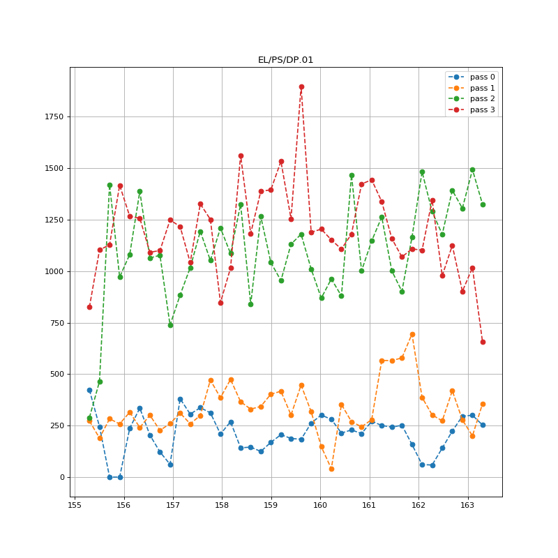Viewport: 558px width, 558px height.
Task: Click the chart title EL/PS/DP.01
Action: (285, 60)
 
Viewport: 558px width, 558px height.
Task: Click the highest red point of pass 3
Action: (301, 86)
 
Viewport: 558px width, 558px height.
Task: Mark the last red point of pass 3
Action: (483, 342)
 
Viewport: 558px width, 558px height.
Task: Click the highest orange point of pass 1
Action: (412, 334)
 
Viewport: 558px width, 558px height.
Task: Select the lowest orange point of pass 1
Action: (331, 469)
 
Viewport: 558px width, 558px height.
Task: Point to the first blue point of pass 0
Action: (89, 391)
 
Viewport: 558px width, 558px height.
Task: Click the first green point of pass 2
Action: (89, 418)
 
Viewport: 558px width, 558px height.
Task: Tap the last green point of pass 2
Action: (483, 204)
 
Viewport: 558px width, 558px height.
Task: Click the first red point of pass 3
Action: (89, 307)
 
